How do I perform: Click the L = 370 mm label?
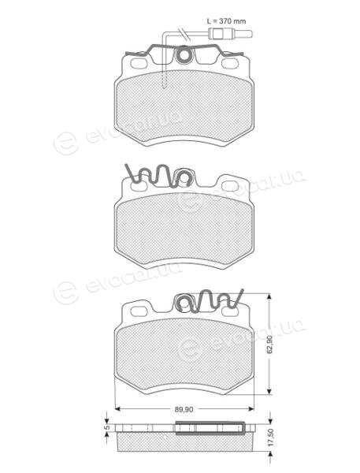tap(226, 21)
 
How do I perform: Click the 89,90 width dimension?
tap(184, 409)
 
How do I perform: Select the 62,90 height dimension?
tap(270, 345)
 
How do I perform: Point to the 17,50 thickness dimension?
tap(270, 438)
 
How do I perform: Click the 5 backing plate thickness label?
tap(106, 428)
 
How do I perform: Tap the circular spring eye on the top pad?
tap(183, 55)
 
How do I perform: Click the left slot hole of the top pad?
tap(139, 63)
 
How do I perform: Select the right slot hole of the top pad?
tap(229, 63)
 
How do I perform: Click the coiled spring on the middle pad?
tap(158, 177)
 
